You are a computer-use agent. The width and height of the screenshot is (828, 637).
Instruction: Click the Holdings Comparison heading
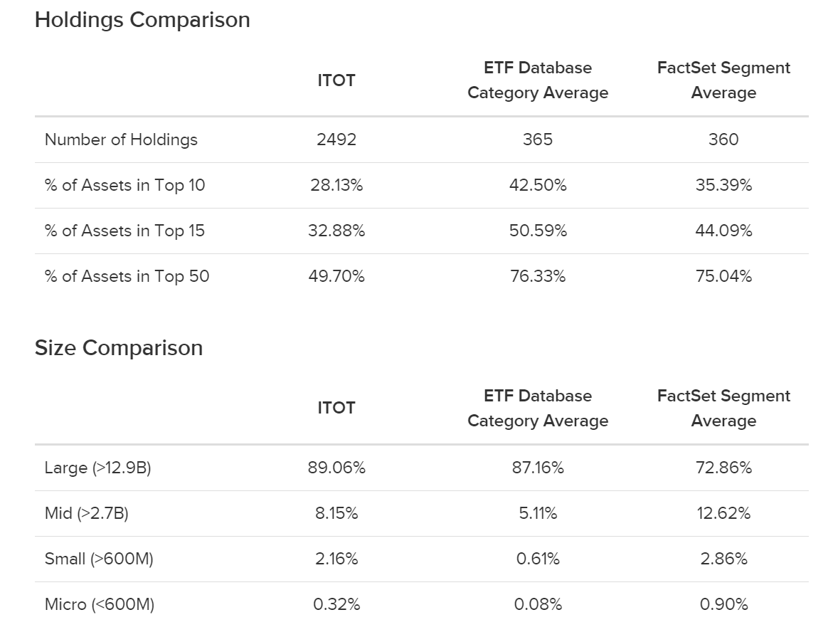pos(142,20)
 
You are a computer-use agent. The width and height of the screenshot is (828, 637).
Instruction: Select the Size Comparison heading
pos(119,348)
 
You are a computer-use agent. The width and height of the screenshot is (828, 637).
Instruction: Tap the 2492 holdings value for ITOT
pos(336,139)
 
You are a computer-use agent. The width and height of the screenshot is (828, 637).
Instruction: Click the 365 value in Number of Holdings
pos(538,139)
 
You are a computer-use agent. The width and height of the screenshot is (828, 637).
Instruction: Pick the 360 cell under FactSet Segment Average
pos(723,139)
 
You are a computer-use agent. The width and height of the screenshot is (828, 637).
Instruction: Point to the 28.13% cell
pos(336,185)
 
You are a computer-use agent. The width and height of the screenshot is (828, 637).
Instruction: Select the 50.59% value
pos(538,231)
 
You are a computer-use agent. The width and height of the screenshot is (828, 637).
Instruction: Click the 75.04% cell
pos(723,276)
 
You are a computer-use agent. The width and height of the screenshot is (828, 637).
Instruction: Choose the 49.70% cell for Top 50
pos(336,276)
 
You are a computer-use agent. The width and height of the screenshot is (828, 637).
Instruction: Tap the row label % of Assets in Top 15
pos(124,231)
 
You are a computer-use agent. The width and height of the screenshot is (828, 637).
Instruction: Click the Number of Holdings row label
pos(121,139)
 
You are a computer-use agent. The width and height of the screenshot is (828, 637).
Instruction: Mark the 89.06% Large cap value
pos(336,468)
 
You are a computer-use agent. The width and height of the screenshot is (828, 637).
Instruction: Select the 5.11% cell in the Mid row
pos(538,513)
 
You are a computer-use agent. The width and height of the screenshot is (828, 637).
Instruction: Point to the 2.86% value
pos(723,559)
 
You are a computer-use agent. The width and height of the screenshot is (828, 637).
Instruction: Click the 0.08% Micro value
pos(538,604)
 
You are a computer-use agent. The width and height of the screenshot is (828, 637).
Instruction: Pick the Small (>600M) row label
pos(99,559)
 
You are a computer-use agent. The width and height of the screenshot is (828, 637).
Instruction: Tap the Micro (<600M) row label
pos(100,604)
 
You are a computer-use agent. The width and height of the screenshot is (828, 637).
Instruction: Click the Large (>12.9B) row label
pos(97,468)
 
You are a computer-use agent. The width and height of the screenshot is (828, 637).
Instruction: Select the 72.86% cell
pos(723,468)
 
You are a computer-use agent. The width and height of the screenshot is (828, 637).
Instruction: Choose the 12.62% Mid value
pos(723,513)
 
